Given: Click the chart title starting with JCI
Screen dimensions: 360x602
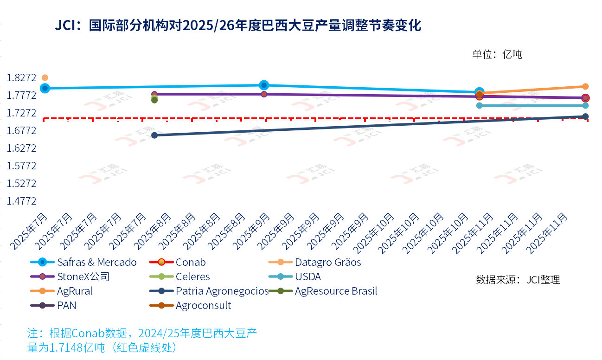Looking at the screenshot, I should point(238,26).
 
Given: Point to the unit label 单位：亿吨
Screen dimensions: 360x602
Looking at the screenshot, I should point(497,54).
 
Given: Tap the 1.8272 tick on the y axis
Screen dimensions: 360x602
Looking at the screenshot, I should point(21,77).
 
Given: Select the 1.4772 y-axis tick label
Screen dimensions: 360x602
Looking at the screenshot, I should point(21,201).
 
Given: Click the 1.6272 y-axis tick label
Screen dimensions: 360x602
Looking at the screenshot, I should point(21,148).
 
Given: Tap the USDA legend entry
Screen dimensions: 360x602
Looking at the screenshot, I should point(307,277).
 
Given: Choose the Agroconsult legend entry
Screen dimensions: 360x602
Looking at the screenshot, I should point(203,306).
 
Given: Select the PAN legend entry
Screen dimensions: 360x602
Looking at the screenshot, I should point(67,306).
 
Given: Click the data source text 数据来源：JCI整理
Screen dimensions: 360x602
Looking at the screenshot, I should point(518,280).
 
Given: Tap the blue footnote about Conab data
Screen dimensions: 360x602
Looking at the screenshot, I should point(142,340).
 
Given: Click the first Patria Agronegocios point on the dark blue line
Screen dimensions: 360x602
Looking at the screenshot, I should point(154,135).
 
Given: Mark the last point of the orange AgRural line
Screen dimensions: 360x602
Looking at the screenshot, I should point(585,86).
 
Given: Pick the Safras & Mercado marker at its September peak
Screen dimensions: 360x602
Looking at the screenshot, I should point(264,85).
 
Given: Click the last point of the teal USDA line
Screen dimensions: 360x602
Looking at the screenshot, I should point(585,105).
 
